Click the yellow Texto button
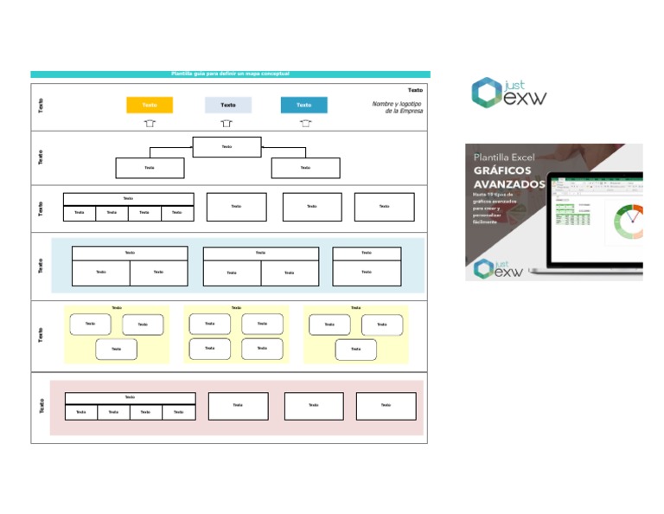pyautogui.click(x=149, y=105)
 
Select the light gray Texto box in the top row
pyautogui.click(x=227, y=105)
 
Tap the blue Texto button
pyautogui.click(x=303, y=105)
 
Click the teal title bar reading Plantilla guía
pyautogui.click(x=230, y=74)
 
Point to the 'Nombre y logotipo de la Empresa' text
pyautogui.click(x=396, y=107)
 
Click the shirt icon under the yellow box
pyautogui.click(x=150, y=124)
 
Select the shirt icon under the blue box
pyautogui.click(x=305, y=124)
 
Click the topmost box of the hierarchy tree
pyautogui.click(x=227, y=147)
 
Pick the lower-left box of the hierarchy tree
pyautogui.click(x=150, y=168)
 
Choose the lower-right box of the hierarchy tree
pyautogui.click(x=305, y=168)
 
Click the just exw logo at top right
pyautogui.click(x=508, y=93)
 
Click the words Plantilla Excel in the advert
pyautogui.click(x=505, y=157)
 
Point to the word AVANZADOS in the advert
pyautogui.click(x=510, y=184)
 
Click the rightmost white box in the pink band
pyautogui.click(x=386, y=406)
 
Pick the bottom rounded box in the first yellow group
pyautogui.click(x=116, y=350)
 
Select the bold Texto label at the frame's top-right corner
pyautogui.click(x=415, y=90)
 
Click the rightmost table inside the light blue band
pyautogui.click(x=367, y=266)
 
